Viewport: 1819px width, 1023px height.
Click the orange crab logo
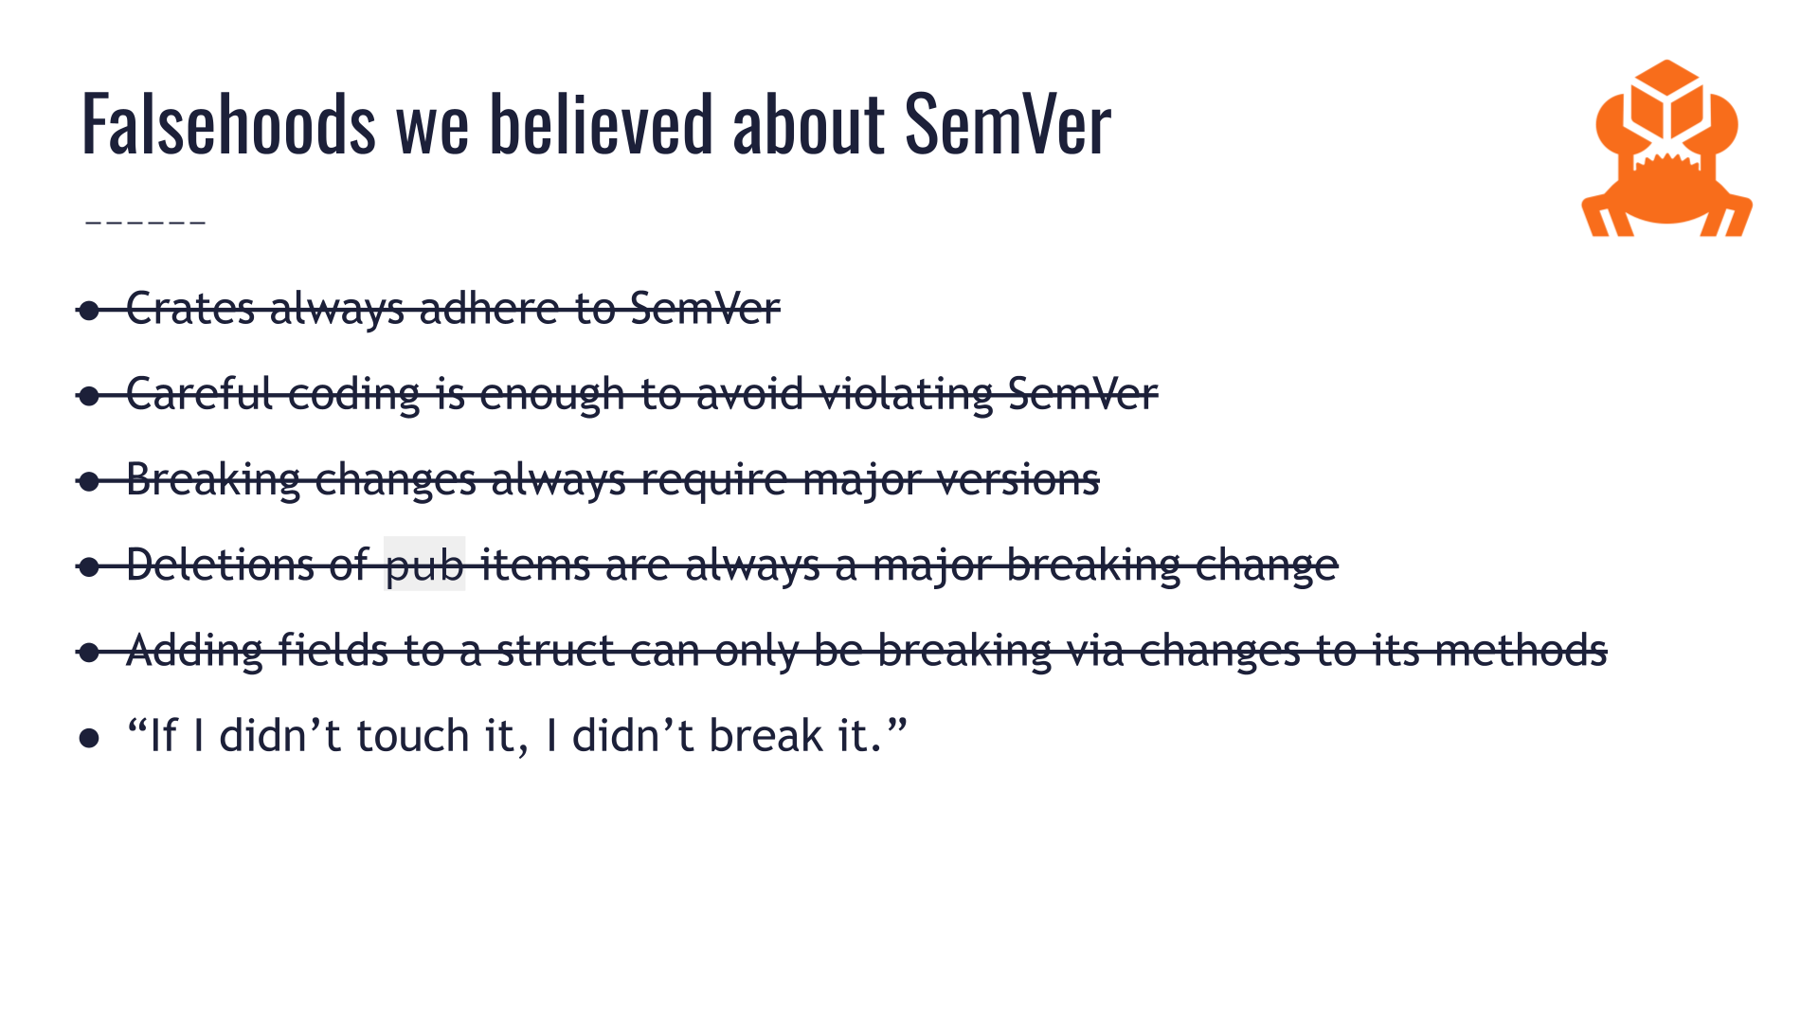[1666, 150]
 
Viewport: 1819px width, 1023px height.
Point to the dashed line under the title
[145, 223]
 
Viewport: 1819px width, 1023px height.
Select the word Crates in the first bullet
[190, 309]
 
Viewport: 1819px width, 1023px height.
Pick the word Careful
[200, 394]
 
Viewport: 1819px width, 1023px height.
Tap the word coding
[353, 394]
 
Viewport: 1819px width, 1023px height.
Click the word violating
[906, 394]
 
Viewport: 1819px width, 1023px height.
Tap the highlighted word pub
[424, 565]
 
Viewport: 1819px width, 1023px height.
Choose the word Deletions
[220, 565]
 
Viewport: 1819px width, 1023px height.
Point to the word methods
[1521, 651]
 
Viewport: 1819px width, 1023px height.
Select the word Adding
[194, 652]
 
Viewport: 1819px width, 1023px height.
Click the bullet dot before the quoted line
[90, 738]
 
